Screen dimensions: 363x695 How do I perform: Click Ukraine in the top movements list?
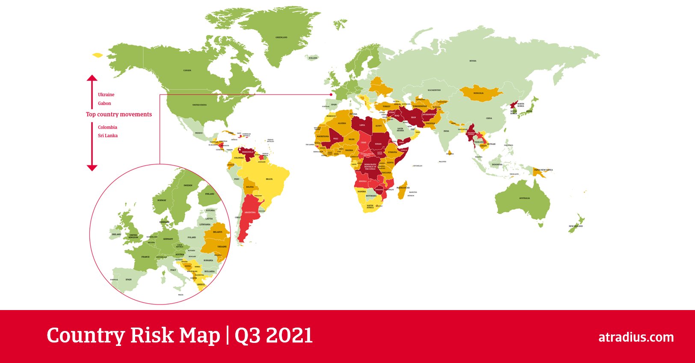[106, 95]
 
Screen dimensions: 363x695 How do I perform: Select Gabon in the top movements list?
[104, 103]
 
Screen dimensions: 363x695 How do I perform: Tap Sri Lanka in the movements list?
[108, 136]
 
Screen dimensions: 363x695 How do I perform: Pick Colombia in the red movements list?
[107, 127]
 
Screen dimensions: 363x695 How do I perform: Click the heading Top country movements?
[119, 114]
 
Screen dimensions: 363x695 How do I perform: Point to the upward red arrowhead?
[92, 78]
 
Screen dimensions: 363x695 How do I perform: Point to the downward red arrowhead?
[92, 168]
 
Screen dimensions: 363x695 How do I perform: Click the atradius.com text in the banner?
[636, 337]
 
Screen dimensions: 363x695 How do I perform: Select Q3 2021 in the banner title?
[274, 336]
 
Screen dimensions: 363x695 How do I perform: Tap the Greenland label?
[281, 38]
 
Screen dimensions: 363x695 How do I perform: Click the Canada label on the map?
[187, 70]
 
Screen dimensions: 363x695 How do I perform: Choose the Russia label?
[473, 61]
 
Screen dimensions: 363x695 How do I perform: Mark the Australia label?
[524, 198]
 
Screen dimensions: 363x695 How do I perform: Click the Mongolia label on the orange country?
[479, 93]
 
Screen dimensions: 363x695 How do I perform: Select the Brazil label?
[269, 179]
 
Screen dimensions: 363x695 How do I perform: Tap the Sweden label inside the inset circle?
[188, 186]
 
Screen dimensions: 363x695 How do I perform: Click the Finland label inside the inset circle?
[210, 194]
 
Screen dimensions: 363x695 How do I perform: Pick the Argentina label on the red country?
[250, 212]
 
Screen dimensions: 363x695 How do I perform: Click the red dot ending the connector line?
[331, 94]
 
